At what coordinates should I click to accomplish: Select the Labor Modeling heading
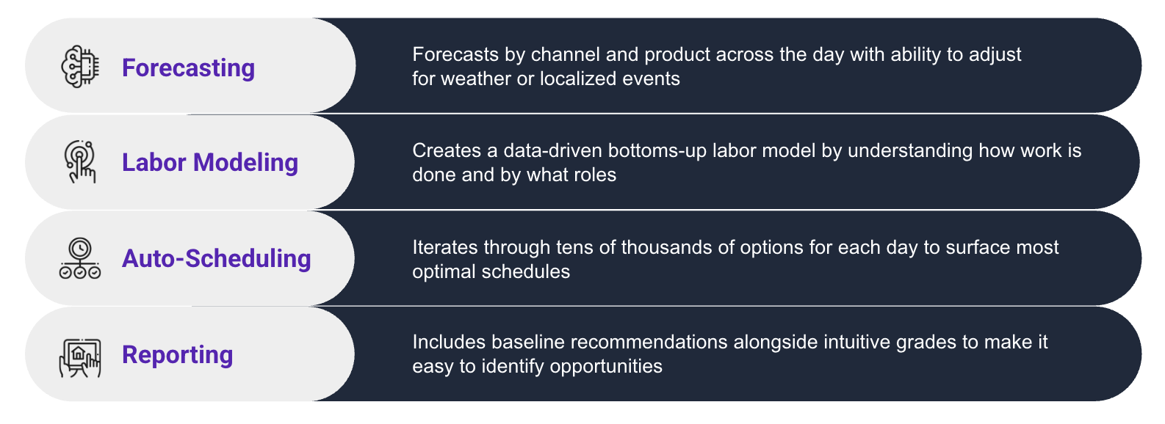pos(210,163)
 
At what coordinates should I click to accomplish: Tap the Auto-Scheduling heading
pos(217,259)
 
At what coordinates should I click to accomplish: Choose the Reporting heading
pos(177,355)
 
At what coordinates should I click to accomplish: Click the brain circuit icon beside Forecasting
pos(80,67)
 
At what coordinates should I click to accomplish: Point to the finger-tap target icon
pos(80,161)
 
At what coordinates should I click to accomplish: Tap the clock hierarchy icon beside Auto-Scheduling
pos(80,258)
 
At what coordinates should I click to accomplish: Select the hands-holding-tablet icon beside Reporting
pos(80,358)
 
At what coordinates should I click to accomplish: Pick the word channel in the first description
pos(566,54)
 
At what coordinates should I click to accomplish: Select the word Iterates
pos(444,247)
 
